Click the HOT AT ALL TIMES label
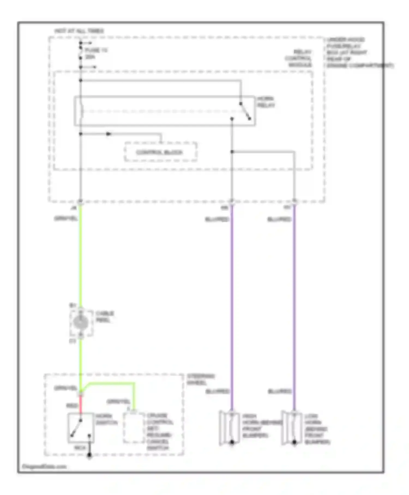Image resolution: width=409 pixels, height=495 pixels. (79, 31)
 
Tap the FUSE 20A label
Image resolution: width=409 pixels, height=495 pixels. (95, 53)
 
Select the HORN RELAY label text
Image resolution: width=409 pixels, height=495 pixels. (266, 102)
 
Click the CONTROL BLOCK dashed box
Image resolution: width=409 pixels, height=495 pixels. (160, 152)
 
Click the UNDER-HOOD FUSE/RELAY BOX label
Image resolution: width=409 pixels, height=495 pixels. (354, 52)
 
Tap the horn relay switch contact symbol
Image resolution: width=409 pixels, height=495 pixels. (245, 111)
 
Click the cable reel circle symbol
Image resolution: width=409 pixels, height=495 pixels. (81, 323)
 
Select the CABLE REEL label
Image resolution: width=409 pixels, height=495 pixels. (104, 317)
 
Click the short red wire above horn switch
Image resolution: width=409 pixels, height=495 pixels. (81, 403)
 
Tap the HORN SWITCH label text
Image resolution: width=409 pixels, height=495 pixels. (106, 419)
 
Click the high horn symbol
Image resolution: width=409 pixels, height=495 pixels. (230, 428)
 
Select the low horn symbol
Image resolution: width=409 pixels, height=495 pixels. (292, 428)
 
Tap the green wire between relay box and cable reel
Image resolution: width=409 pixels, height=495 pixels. (81, 257)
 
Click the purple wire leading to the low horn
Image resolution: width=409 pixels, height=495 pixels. (294, 300)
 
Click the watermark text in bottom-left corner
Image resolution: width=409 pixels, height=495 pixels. (44, 466)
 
